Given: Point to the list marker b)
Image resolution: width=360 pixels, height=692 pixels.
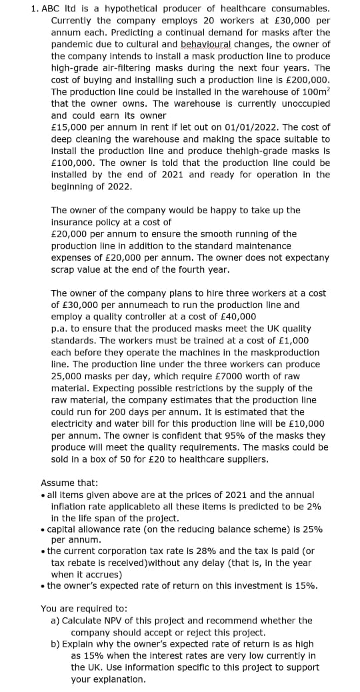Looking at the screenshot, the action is coord(56,644).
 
